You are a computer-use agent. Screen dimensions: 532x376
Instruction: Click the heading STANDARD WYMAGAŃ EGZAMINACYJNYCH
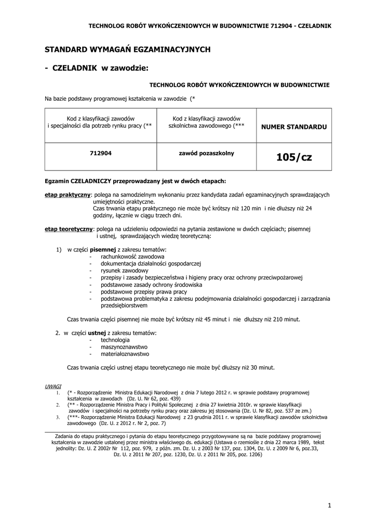127,49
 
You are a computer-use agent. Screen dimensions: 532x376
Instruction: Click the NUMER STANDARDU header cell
294,126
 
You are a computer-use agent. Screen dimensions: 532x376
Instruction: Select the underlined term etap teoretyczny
69,229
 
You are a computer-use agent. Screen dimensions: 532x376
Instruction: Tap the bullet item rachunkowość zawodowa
132,257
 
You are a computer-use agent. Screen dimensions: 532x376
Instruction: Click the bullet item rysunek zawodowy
125,271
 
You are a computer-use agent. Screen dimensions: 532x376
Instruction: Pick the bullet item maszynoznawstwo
124,347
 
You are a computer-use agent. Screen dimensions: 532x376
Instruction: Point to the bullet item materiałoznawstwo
125,354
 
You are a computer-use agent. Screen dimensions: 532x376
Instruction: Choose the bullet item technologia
115,340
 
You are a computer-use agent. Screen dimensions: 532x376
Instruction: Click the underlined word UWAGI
53,387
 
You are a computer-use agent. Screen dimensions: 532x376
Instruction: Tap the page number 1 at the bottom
329,505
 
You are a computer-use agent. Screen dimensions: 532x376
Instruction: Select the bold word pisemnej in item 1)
103,250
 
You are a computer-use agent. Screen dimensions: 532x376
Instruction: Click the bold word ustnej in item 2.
97,332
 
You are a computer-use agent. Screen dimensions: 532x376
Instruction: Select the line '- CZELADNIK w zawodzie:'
97,68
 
